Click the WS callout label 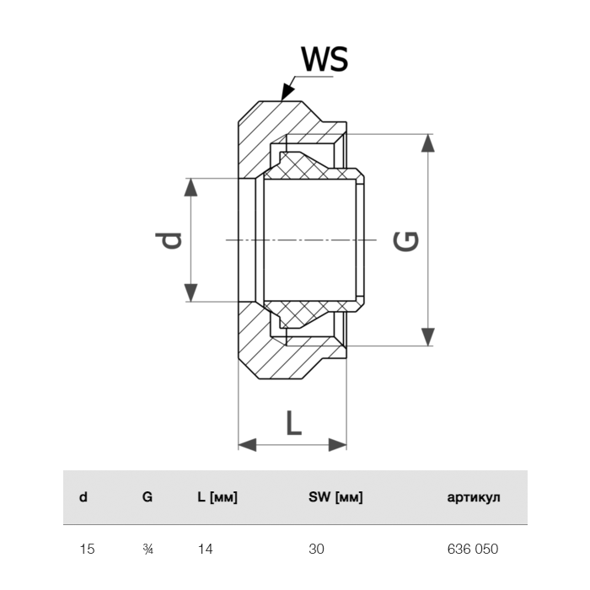click(324, 60)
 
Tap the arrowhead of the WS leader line click(287, 92)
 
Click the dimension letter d click(171, 240)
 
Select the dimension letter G click(407, 241)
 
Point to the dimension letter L click(292, 421)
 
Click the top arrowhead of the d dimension click(192, 186)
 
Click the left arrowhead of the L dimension click(247, 443)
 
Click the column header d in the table click(83, 497)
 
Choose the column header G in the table click(147, 497)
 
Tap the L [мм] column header click(217, 497)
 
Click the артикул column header click(473, 497)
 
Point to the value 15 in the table click(87, 550)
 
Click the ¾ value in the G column click(148, 550)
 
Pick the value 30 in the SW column click(316, 550)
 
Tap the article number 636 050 click(472, 550)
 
